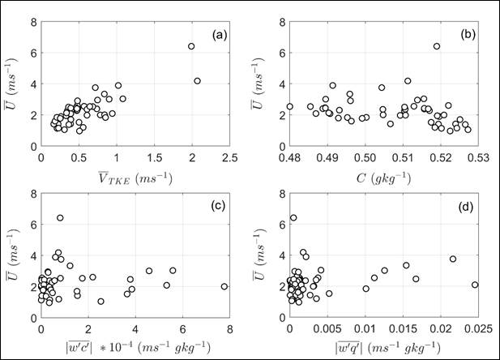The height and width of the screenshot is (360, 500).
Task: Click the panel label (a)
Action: [x=218, y=35]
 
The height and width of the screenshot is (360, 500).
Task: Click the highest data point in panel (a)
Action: [x=192, y=46]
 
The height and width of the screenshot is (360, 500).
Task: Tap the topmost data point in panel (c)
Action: [x=60, y=218]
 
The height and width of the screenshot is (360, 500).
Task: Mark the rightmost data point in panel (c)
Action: [x=224, y=286]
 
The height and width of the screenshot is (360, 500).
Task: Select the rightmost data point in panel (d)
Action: [x=475, y=285]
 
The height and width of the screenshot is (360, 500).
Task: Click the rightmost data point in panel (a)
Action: [x=197, y=81]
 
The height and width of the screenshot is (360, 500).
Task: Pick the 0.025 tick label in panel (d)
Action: [x=473, y=329]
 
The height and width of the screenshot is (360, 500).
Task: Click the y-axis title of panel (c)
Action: [x=15, y=256]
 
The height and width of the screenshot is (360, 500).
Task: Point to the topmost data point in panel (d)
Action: [x=293, y=218]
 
